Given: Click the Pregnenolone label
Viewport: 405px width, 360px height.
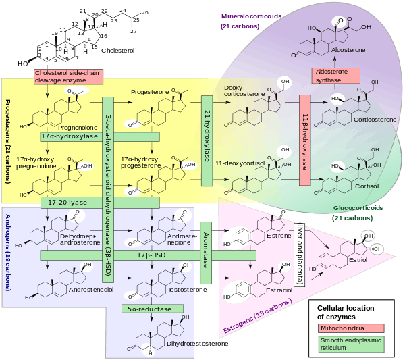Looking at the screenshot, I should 74,126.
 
